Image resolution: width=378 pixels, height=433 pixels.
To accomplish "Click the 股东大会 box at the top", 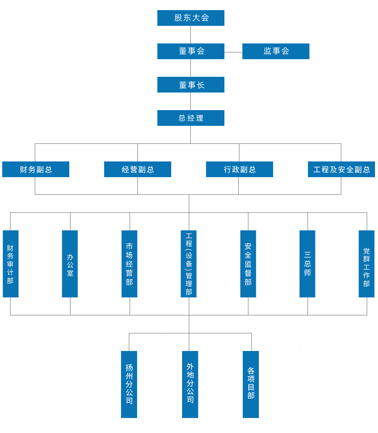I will pos(191,18).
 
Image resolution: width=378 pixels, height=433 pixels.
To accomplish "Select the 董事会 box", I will pos(191,51).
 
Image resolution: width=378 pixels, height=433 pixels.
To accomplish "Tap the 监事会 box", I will pos(276,51).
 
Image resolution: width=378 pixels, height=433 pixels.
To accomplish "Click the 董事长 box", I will pos(191,85).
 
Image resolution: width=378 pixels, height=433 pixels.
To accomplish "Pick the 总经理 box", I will pos(191,118).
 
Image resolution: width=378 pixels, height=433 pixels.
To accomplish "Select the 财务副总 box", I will pos(36,169).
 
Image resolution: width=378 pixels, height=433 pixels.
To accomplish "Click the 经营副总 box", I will pos(137,169).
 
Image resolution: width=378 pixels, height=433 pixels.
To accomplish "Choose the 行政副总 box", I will pos(239,169).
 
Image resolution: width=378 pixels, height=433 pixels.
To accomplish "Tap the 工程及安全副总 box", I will pos(341,169).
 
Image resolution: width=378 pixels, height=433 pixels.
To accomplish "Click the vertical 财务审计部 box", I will pos(10,264).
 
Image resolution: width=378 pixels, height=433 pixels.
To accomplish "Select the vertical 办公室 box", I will pos(70,264).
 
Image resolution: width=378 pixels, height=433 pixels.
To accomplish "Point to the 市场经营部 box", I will pos(129,264).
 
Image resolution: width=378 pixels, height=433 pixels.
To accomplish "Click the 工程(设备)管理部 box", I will pos(188,264).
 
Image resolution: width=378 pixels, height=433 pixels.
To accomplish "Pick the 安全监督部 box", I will pos(248,264).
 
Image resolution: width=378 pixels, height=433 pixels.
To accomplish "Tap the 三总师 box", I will pos(307,264).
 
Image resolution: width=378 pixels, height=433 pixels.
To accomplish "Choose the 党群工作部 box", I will pos(366,264).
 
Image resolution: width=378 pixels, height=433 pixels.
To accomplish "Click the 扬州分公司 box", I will pos(129,384).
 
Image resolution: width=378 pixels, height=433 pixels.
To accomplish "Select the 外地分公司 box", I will pos(190,384).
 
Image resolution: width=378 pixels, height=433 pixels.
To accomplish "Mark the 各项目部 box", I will pos(251,384).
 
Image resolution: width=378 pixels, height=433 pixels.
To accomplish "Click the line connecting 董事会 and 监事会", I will pos(233,52).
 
